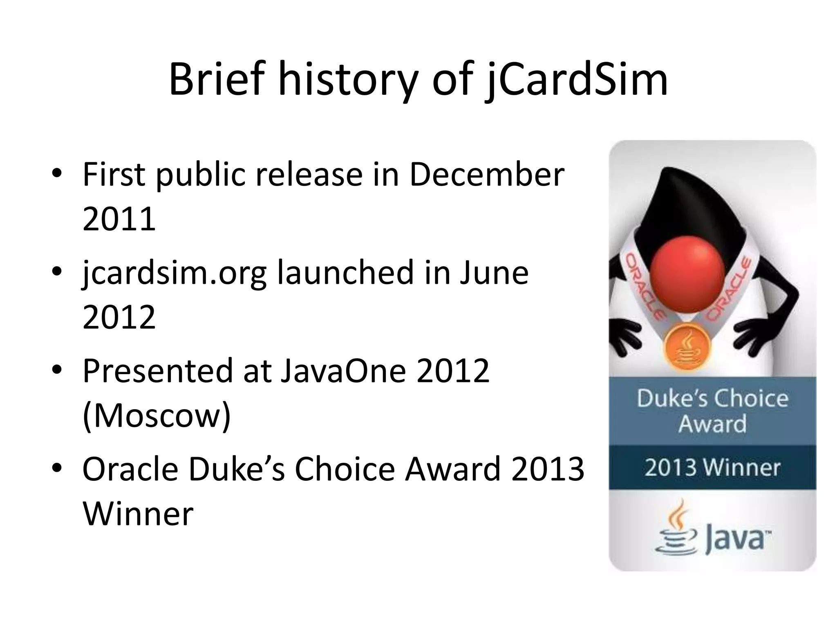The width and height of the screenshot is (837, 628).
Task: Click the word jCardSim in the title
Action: click(576, 80)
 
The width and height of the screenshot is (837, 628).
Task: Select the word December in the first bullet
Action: click(486, 175)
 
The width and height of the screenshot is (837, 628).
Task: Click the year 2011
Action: click(119, 219)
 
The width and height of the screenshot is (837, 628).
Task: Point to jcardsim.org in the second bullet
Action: click(174, 273)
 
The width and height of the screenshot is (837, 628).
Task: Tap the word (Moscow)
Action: click(157, 415)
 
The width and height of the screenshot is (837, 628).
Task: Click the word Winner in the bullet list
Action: click(138, 514)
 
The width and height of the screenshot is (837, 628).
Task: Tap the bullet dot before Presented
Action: click(57, 370)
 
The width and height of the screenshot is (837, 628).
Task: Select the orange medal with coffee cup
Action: click(687, 346)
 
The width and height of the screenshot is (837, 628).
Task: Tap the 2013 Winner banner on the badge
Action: click(712, 468)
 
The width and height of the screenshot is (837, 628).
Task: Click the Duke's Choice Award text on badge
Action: click(712, 411)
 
